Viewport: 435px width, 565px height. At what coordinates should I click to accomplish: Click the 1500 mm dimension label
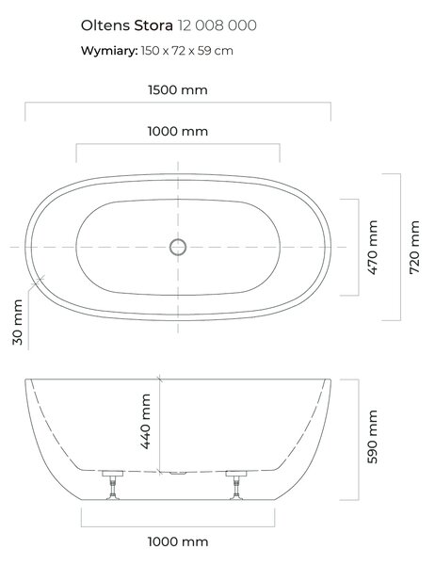click(x=178, y=89)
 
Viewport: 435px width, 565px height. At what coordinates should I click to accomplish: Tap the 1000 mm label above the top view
click(x=178, y=131)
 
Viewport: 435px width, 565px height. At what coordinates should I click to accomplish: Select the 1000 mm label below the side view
click(x=178, y=541)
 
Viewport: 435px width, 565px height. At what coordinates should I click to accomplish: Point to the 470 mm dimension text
click(x=373, y=247)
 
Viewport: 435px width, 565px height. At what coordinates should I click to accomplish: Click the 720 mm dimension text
click(x=414, y=247)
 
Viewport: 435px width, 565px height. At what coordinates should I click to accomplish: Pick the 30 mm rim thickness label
click(x=17, y=322)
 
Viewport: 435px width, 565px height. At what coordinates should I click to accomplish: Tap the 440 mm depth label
click(x=145, y=422)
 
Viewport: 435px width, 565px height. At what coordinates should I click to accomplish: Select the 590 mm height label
click(x=372, y=437)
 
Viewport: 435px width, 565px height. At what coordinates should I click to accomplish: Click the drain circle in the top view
click(x=178, y=247)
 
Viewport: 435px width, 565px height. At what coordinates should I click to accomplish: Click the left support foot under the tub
click(x=112, y=485)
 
